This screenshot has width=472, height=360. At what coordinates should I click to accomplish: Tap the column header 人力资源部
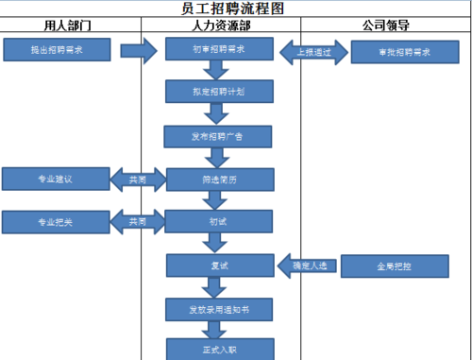coord(220,26)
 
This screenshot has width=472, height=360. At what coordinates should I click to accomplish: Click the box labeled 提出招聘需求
coord(56,49)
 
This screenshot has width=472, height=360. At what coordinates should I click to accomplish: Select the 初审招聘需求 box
coord(220,49)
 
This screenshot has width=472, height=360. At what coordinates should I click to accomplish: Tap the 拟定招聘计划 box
coord(220,92)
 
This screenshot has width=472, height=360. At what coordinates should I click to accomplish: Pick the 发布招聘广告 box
coord(220,136)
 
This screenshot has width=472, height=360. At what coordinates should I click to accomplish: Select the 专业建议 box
coord(56,178)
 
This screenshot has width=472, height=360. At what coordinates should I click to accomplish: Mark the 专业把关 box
coord(56,222)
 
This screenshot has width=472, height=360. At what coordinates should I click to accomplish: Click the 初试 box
coord(220,222)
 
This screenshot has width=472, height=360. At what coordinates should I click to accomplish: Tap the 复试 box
coord(220,266)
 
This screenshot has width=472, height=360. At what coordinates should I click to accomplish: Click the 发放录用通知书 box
coord(220,309)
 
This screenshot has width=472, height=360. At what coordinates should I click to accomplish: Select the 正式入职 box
coord(220,349)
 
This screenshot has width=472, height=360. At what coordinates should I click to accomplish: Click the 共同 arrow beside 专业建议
coord(135,179)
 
